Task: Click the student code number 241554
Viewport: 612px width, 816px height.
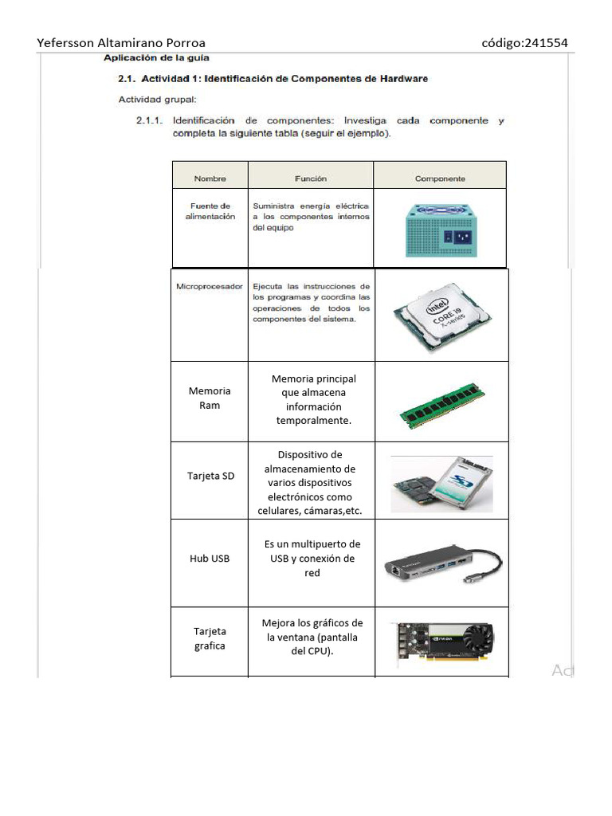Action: [545, 43]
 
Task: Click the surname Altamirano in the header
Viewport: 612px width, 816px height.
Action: [130, 43]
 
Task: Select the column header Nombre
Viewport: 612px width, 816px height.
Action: [210, 178]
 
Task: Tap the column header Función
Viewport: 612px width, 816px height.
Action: [311, 178]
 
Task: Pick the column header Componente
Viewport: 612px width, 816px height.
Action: [440, 178]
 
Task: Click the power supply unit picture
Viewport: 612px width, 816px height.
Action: [441, 230]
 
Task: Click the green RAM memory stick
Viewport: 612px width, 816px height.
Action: [442, 406]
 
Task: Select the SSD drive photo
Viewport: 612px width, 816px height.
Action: [441, 484]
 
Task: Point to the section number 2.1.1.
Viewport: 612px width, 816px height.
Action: [149, 121]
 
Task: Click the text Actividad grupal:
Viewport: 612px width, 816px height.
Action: [157, 100]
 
